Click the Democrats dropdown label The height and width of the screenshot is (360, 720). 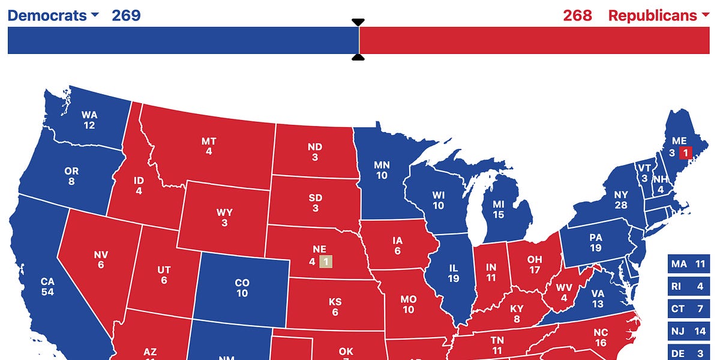pos(53,16)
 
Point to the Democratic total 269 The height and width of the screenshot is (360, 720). pos(126,16)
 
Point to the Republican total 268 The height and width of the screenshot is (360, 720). pos(577,16)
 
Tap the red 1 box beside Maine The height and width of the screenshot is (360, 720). pos(685,153)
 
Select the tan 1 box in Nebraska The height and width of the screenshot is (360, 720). pos(325,262)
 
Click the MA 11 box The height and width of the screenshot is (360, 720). pos(688,264)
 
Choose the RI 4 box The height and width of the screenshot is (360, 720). pos(688,286)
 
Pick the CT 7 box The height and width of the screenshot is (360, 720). pos(688,308)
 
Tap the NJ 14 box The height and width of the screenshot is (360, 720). pos(688,331)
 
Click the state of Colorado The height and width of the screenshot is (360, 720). pos(242,288)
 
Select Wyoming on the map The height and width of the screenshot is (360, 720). pos(224,218)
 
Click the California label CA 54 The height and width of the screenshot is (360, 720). pos(47,286)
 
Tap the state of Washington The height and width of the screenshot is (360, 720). pos(89,120)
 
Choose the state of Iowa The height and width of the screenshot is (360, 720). pos(397,247)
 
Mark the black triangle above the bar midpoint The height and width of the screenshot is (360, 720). pos(358,23)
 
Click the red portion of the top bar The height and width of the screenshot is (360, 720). pos(534,40)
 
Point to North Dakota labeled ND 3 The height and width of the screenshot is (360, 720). pos(314,152)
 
